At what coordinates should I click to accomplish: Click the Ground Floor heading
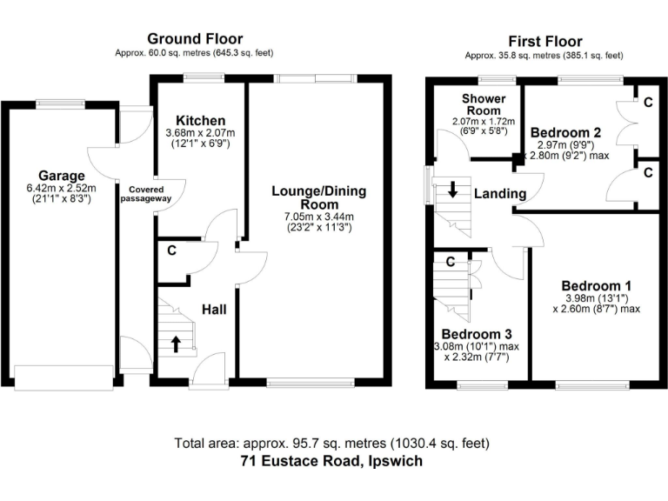coord(195,38)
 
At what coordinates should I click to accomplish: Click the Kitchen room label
coord(200,120)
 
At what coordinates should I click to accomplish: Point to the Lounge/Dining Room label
coord(319,198)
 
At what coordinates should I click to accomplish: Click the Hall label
coord(215,309)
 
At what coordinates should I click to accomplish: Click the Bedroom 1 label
coord(596,285)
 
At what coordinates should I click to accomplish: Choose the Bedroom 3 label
coord(476,334)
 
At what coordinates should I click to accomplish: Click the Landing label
coord(499,193)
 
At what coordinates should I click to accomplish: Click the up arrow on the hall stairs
coord(176,344)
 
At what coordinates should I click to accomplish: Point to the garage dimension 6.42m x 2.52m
coord(61,187)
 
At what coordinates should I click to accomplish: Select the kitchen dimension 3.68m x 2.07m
coord(200,133)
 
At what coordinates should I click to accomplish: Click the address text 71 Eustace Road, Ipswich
coord(333,461)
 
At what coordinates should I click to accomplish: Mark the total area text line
coord(333,443)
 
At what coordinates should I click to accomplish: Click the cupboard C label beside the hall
coord(172,251)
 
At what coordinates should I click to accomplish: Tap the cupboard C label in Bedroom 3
coord(451,261)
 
